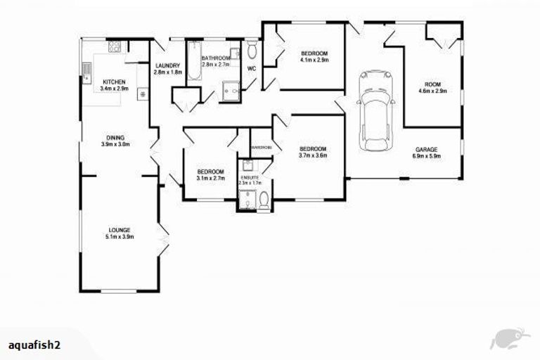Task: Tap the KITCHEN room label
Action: tap(113, 82)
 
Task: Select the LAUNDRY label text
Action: tap(168, 66)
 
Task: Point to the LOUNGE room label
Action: tap(116, 230)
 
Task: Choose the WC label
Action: tap(251, 68)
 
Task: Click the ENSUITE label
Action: tap(250, 179)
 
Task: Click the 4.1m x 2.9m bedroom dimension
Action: tap(314, 60)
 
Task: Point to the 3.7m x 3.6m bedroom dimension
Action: tap(313, 155)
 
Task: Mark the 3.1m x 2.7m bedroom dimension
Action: tap(210, 179)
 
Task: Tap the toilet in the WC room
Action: tap(252, 50)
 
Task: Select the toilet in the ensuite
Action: tap(262, 202)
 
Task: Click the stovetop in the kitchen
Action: tap(115, 48)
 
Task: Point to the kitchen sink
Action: tap(86, 71)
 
